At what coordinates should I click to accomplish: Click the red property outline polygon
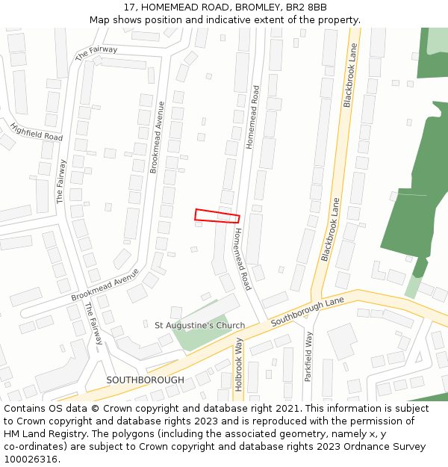pyautogui.click(x=217, y=216)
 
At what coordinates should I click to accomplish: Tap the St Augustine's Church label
pyautogui.click(x=199, y=325)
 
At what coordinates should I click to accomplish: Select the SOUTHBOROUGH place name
pyautogui.click(x=145, y=380)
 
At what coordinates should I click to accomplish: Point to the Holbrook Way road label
pyautogui.click(x=239, y=364)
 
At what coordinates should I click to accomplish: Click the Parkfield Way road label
pyautogui.click(x=308, y=357)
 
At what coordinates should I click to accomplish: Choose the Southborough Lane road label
pyautogui.click(x=307, y=310)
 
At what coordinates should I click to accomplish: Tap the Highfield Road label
pyautogui.click(x=37, y=132)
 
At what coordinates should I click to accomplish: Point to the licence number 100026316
pyautogui.click(x=31, y=460)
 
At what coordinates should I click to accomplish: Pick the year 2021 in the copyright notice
pyautogui.click(x=290, y=409)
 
